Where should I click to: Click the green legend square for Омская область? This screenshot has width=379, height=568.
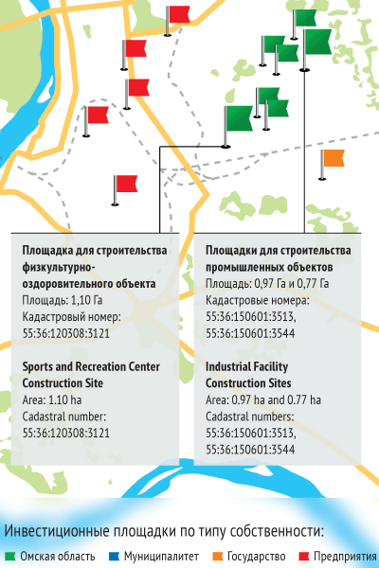click(x=9, y=556)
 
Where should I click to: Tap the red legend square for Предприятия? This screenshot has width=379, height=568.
click(x=304, y=556)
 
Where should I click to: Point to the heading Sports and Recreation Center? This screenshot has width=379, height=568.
click(x=91, y=366)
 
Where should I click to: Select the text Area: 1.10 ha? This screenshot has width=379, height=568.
click(x=54, y=399)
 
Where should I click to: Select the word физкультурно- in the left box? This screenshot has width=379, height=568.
click(x=60, y=266)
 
